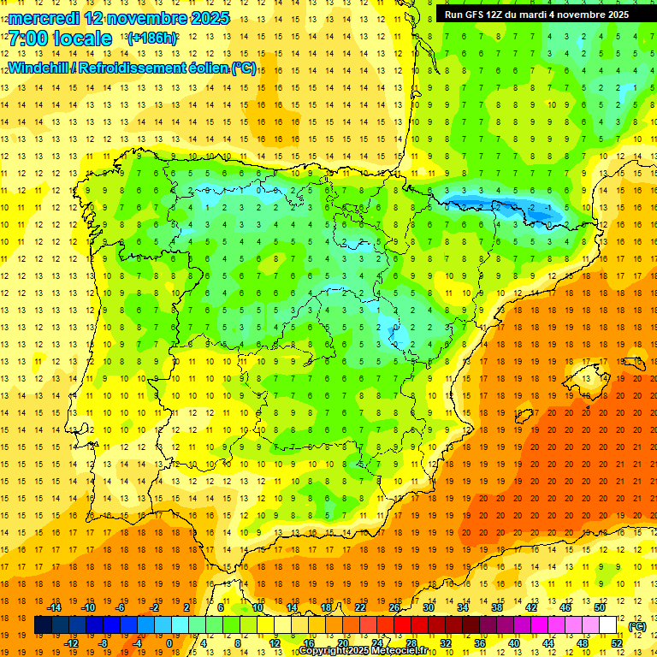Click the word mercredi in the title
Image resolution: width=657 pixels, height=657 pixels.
tap(44, 18)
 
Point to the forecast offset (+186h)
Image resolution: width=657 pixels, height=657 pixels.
tap(151, 38)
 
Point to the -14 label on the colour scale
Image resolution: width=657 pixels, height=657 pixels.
tap(54, 607)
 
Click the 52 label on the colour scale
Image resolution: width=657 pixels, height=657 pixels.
tap(617, 643)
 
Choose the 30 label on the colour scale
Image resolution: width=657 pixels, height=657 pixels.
tap(429, 607)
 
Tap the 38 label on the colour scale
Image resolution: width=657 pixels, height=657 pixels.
tap(497, 607)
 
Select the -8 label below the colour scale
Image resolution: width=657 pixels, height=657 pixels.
tap(104, 643)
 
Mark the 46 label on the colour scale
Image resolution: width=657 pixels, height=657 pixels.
tap(565, 607)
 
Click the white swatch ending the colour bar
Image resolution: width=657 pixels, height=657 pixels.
tap(608, 625)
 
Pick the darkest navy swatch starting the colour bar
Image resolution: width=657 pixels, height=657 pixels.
tap(43, 625)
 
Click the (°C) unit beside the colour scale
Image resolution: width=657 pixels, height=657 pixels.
tap(637, 626)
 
